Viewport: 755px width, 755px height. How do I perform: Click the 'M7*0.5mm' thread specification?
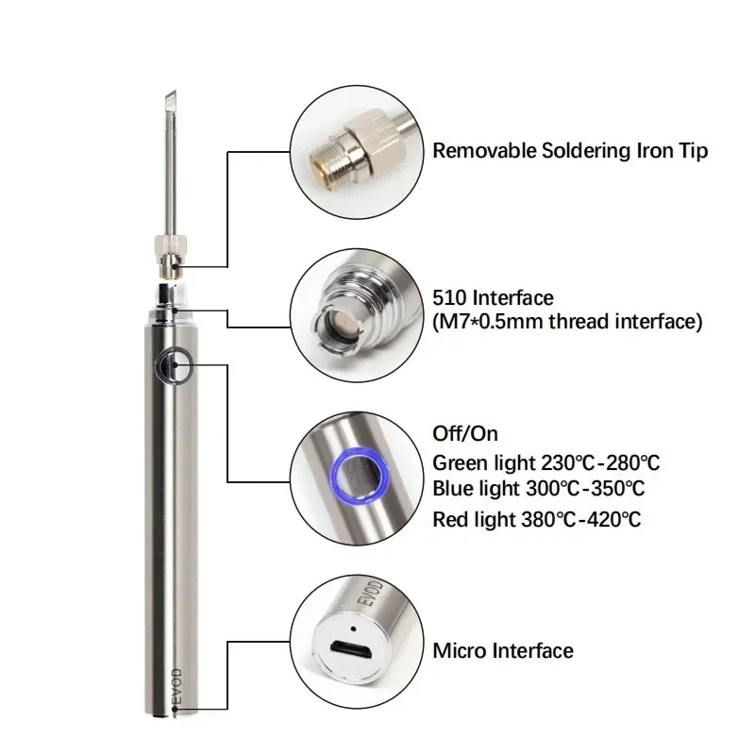click(482, 322)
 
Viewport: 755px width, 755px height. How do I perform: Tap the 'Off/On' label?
click(464, 434)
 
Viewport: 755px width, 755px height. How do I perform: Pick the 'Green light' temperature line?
click(545, 462)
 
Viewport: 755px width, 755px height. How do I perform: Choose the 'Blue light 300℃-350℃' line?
click(539, 489)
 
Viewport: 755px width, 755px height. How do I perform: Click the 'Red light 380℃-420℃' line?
click(536, 517)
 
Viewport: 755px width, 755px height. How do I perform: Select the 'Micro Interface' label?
click(502, 650)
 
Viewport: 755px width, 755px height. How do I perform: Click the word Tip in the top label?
click(693, 150)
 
